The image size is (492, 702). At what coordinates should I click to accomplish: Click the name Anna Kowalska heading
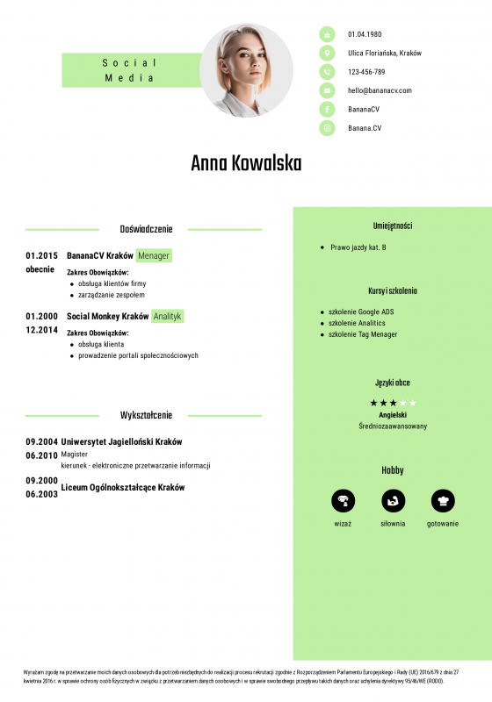[246, 164]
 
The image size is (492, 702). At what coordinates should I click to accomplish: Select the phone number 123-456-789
[366, 72]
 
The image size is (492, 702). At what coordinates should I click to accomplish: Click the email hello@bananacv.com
[380, 90]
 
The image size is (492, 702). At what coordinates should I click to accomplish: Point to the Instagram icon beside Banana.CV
[328, 128]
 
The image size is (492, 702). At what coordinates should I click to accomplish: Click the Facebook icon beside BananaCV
[328, 109]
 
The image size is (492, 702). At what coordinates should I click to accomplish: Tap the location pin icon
[328, 53]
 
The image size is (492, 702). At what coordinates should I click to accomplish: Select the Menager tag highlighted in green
[154, 256]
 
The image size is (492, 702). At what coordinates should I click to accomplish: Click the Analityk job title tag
[167, 316]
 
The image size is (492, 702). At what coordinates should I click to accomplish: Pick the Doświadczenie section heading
[146, 229]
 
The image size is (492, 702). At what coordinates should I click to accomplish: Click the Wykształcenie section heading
[146, 415]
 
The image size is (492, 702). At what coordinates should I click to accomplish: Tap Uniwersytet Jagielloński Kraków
[121, 441]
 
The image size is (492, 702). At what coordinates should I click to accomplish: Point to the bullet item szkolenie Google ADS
[361, 312]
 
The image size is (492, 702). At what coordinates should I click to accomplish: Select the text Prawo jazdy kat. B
[358, 247]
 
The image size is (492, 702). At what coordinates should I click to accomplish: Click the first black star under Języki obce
[373, 403]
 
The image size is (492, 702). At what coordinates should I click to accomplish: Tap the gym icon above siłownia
[393, 500]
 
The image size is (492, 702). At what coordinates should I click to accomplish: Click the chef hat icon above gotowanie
[443, 500]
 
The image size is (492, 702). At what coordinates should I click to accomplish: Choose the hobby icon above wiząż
[343, 500]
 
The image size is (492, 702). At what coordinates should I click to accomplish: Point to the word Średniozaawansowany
[393, 426]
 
